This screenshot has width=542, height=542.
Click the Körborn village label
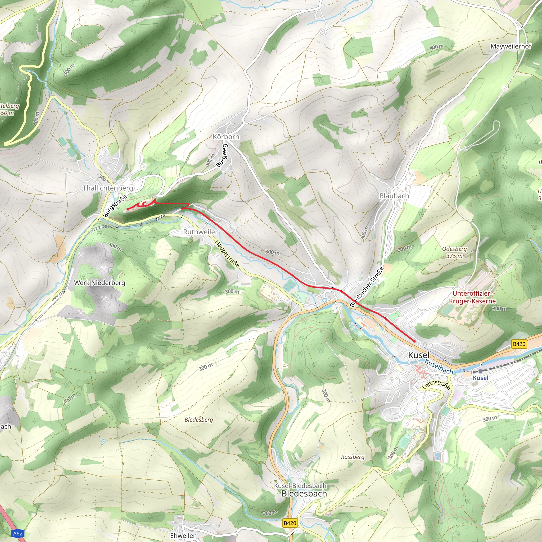tap(226, 137)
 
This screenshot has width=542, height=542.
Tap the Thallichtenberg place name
tap(107, 188)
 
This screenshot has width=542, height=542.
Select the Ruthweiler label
tap(200, 232)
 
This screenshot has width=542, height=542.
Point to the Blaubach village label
tap(394, 196)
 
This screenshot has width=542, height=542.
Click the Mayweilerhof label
tap(511, 46)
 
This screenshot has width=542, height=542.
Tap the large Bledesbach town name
tap(304, 494)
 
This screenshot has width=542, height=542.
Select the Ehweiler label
tap(183, 535)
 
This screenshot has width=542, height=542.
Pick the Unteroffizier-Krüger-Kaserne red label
tap(472, 297)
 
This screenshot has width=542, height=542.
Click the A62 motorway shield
tap(18, 533)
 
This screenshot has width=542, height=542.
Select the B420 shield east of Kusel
tap(519, 344)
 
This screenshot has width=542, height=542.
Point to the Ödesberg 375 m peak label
tap(454, 252)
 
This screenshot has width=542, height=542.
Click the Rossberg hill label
tap(353, 457)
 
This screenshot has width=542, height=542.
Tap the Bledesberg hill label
tap(199, 420)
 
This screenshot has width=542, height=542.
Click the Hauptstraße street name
tap(227, 254)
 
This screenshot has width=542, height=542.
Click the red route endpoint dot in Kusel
tap(414, 341)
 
